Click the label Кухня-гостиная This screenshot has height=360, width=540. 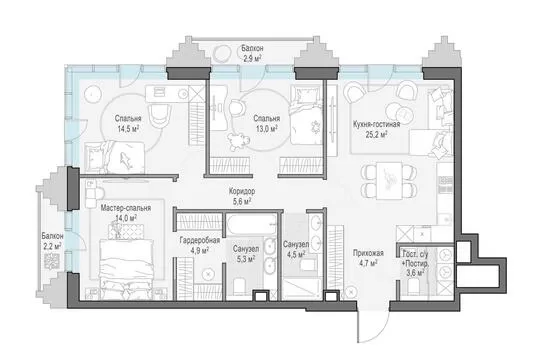point(376,124)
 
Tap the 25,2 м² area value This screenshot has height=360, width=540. point(376,134)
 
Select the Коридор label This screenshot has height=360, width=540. point(242,191)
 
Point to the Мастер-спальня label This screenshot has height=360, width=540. point(126,208)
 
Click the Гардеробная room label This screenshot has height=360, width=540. point(200,240)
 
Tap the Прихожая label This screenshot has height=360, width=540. point(368,253)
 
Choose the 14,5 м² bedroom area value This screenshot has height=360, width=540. point(128,129)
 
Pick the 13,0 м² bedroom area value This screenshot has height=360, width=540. point(267,129)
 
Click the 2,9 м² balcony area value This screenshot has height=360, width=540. point(252,59)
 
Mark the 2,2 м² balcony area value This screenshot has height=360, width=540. point(52,246)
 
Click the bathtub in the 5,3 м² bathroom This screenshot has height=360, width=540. point(251,225)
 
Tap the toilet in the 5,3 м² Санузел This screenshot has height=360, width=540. point(239,287)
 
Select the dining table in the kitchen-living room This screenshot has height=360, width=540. point(389,181)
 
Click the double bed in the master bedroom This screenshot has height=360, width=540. point(126,267)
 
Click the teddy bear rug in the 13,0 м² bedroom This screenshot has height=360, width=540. point(238,141)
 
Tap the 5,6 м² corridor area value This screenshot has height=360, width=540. point(242,202)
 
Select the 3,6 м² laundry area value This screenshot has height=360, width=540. point(415,273)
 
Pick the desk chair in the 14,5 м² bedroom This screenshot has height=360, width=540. point(160,114)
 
